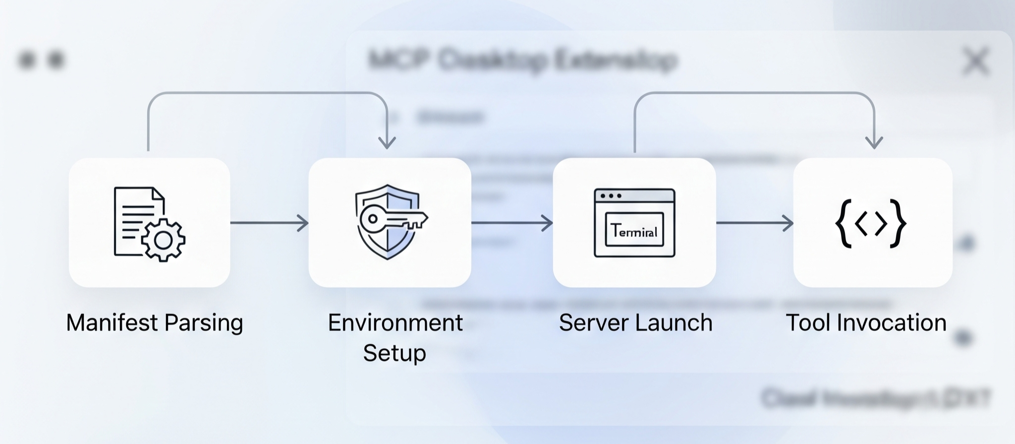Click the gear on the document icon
coord(163,240)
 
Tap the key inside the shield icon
coord(392,219)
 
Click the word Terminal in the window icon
coord(634,231)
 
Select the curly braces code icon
coord(871,223)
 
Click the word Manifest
coord(112,323)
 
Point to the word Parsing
coord(204,323)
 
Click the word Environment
coord(395,323)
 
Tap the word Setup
coord(395,353)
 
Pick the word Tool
coord(809,323)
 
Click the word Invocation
coord(892,323)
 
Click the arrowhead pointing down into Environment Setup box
coord(387,142)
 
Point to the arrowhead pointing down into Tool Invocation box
coord(874,142)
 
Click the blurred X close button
coord(975,62)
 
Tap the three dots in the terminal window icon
coord(611,195)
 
